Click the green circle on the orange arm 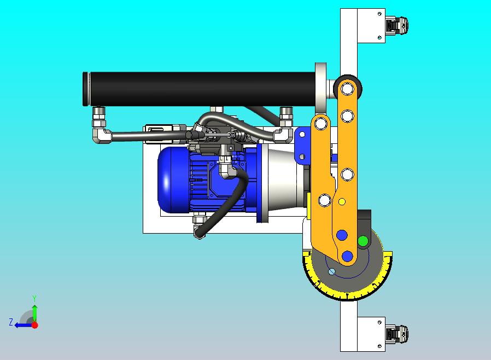coord(363,241)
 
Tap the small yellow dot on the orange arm coord(342,202)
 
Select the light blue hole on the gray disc coord(331,272)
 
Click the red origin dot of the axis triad coord(35,325)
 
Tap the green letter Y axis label coord(34,298)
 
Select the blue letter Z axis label coord(11,322)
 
